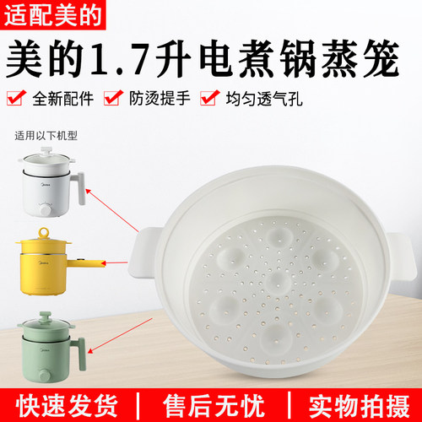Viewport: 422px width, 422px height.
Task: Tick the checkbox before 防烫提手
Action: [111, 100]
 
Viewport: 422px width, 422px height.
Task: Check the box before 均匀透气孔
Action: [208, 100]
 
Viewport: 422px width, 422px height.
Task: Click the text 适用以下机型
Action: [51, 134]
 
